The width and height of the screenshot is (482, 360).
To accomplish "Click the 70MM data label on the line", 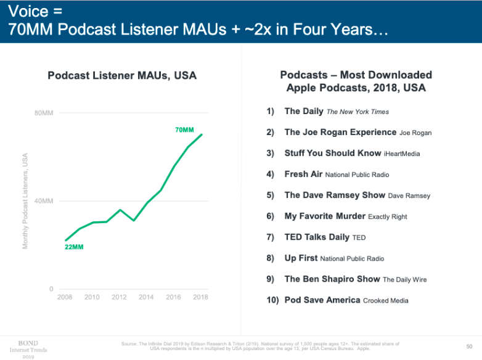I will click(184, 130).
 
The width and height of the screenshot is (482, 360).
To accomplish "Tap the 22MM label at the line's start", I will click(74, 247).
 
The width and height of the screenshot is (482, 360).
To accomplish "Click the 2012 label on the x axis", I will click(119, 297).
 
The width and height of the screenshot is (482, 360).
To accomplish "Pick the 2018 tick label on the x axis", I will click(200, 297).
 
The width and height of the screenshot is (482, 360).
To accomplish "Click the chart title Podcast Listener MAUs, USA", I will click(122, 76).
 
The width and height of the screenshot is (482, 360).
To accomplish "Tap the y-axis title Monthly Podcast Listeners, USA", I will click(25, 201).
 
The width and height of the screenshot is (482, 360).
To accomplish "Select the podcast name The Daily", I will click(304, 112).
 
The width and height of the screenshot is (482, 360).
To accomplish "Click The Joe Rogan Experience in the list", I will click(340, 132).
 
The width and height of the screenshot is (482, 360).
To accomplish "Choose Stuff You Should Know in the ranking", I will click(333, 153).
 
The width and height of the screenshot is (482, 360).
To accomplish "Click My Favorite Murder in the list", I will click(325, 216).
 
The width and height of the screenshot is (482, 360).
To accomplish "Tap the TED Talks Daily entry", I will click(317, 237).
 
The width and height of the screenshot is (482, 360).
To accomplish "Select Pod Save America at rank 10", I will click(322, 300).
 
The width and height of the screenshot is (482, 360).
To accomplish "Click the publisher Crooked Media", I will click(386, 301).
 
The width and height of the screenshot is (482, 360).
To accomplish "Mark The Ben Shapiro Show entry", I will click(332, 279).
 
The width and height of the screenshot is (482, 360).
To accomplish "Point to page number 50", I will click(470, 346).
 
